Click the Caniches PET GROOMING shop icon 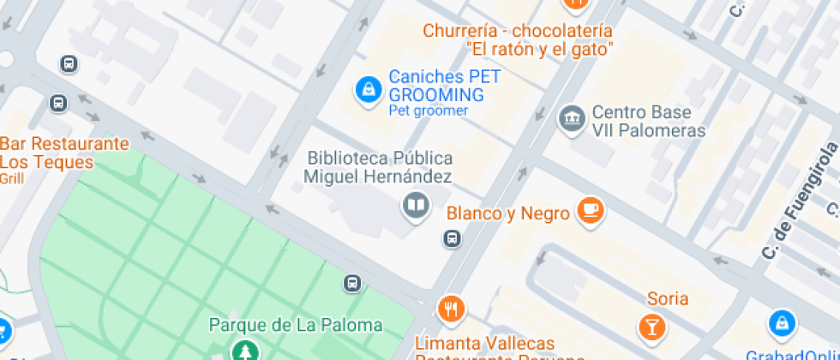point(369,89)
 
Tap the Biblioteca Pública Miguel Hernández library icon point(416,206)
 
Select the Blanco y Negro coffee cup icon point(590,209)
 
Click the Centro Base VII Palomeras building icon point(571,118)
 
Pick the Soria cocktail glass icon point(652,326)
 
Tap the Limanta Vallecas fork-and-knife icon point(451,308)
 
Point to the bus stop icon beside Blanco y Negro point(452,239)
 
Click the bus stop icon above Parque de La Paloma point(351,283)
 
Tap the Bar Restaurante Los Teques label point(64,153)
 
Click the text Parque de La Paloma point(296,326)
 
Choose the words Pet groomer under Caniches point(428,111)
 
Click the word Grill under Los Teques point(12,178)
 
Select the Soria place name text point(668,299)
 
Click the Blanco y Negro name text point(508,213)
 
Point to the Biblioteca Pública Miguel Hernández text point(379,167)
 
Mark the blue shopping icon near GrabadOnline point(782,322)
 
